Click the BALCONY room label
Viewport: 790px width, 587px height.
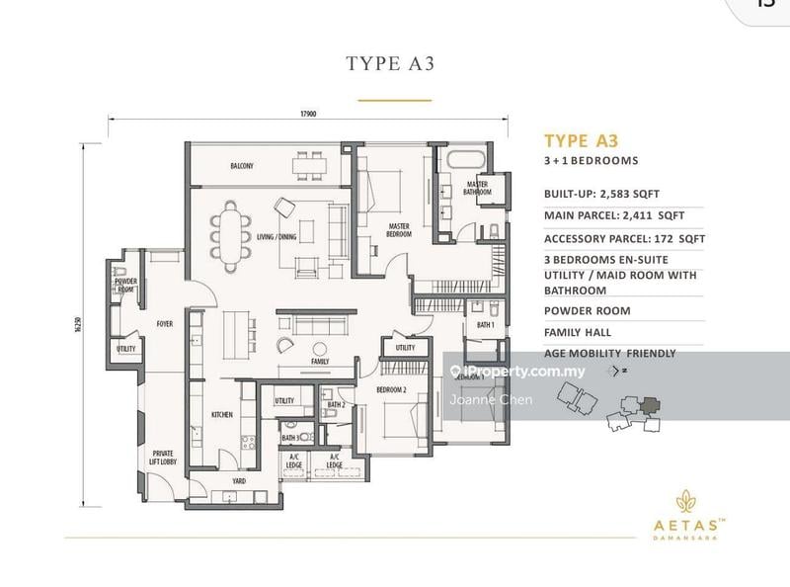click(x=242, y=165)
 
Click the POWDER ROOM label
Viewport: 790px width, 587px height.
click(x=125, y=286)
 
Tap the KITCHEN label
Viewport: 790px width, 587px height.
click(x=222, y=415)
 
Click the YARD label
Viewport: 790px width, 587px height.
click(x=239, y=481)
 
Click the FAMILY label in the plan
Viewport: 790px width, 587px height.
click(x=319, y=362)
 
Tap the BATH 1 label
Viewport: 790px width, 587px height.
click(x=485, y=324)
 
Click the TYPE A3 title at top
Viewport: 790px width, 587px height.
click(x=390, y=64)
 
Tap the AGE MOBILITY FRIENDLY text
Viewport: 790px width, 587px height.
click(x=609, y=354)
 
